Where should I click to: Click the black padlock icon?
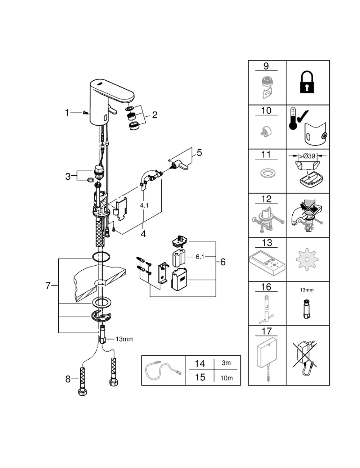(x=307, y=82)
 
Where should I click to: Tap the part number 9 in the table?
(x=266, y=66)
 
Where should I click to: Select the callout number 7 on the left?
(x=48, y=286)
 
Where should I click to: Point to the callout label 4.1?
(x=144, y=206)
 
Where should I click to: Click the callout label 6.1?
(x=200, y=257)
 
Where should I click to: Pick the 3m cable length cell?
(x=226, y=363)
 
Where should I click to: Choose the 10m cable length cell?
(x=226, y=378)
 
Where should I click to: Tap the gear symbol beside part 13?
(x=307, y=260)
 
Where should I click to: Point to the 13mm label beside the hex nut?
(x=125, y=339)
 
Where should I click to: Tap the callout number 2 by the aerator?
(x=154, y=115)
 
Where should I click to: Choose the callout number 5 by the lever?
(x=199, y=153)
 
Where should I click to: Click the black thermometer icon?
(x=293, y=118)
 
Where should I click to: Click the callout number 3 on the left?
(x=68, y=177)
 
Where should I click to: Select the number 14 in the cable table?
(x=199, y=364)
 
